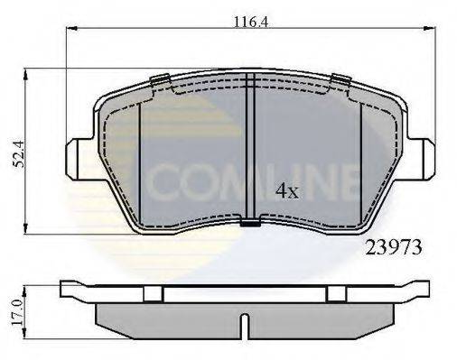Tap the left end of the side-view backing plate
pyautogui.click(x=65, y=290)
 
